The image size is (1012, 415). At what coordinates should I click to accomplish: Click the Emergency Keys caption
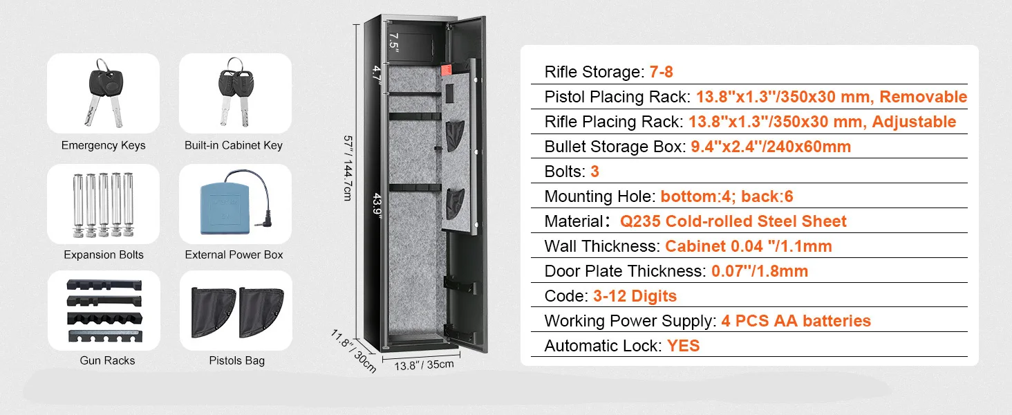tap(103, 145)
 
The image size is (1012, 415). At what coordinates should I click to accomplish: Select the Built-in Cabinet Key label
tap(233, 145)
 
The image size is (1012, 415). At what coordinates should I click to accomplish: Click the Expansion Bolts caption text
tap(103, 255)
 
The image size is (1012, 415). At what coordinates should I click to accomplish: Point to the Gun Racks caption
tap(107, 360)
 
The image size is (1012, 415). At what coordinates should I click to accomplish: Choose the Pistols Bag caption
tap(236, 360)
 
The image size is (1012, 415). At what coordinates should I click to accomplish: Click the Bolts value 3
tap(594, 172)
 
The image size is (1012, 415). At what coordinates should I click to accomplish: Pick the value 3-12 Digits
tap(635, 296)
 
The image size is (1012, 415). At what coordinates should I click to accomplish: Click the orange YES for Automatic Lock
tap(683, 346)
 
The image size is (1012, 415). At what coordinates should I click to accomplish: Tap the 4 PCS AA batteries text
tap(796, 321)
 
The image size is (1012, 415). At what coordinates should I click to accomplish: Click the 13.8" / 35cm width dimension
tap(424, 364)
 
